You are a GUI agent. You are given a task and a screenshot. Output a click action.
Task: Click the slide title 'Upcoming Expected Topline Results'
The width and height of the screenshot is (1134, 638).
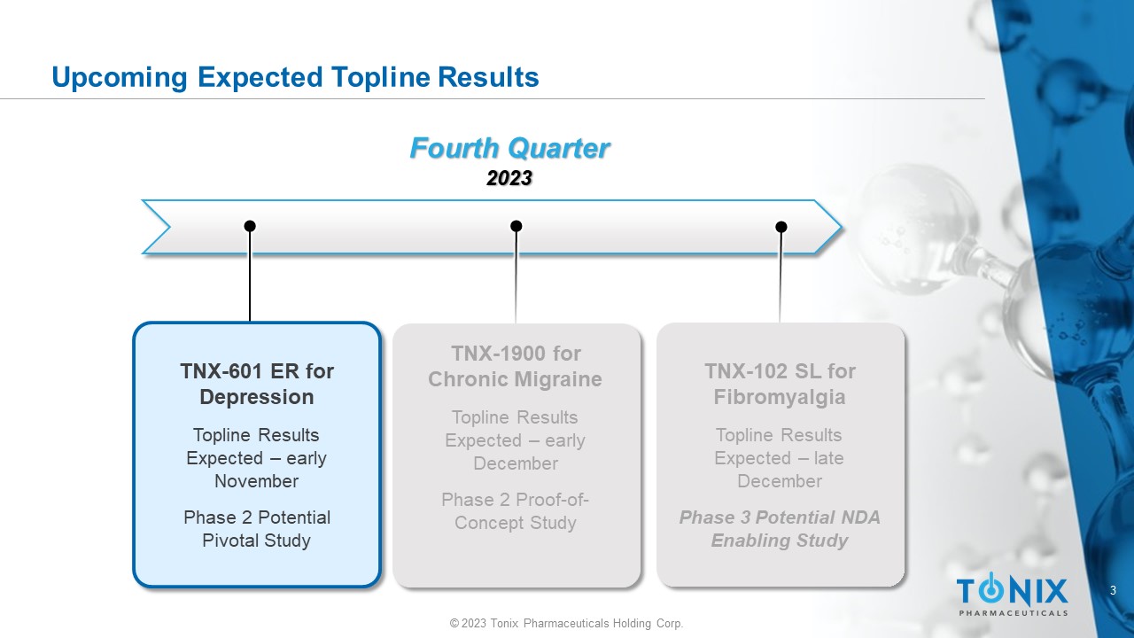point(295,77)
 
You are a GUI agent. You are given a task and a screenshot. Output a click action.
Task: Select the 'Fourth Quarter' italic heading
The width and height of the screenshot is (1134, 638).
point(509,148)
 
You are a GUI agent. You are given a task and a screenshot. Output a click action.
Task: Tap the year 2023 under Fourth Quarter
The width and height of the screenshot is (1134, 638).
point(509,178)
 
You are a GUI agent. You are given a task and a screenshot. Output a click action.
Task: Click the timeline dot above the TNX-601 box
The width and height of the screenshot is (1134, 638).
point(250,226)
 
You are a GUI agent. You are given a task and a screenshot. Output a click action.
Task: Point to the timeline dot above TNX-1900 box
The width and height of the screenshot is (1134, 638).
point(516,226)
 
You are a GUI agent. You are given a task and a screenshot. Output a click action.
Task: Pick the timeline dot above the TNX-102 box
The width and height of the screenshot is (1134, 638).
point(781,227)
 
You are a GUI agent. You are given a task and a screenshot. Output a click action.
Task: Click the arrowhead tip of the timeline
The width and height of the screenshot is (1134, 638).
point(842,228)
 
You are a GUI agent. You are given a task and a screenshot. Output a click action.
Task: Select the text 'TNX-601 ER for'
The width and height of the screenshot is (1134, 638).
point(257,371)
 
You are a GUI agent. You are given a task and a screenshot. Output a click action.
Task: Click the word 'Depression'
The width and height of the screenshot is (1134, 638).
point(257,397)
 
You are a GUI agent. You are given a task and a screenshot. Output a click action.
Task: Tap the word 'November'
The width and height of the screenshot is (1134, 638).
point(257,481)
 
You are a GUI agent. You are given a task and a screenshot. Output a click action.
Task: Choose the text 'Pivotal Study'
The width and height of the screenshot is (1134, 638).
point(257,541)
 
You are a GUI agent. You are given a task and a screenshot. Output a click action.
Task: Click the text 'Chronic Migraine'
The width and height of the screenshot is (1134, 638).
point(516,380)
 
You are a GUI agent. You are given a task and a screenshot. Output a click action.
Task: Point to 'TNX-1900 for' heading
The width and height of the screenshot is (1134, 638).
point(516,354)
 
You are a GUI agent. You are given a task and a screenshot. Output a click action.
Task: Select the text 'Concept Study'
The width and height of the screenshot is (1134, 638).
point(516,523)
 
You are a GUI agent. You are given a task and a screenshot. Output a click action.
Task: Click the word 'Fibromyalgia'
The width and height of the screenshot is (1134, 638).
point(780,398)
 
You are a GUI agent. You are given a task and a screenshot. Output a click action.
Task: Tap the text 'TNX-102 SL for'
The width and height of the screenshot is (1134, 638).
point(781,371)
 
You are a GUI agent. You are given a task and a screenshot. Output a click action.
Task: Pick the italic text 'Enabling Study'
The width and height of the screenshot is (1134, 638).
point(780,541)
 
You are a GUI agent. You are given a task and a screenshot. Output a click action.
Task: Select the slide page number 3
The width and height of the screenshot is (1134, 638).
point(1113,590)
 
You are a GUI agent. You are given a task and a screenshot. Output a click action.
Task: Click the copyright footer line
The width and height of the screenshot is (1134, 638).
point(566,623)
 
